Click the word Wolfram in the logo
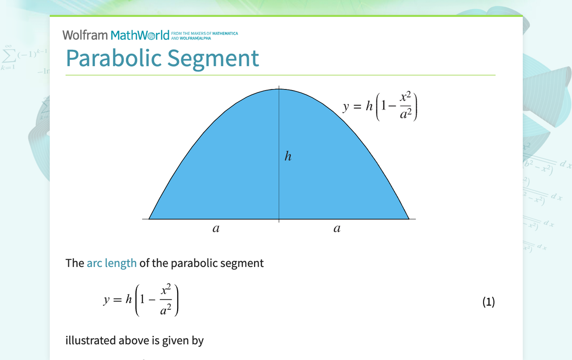(x=85, y=35)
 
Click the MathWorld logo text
(x=140, y=35)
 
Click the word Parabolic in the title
(x=114, y=58)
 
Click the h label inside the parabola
(x=287, y=157)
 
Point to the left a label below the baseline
(x=215, y=229)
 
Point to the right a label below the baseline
(x=337, y=229)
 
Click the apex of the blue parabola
(x=279, y=89)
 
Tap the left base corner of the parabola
(x=150, y=218)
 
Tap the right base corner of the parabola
(x=408, y=218)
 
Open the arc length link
(x=111, y=263)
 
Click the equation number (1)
(x=488, y=302)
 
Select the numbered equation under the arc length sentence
(x=141, y=300)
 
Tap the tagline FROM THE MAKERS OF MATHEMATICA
(x=204, y=34)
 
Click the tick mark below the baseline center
(x=279, y=221)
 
